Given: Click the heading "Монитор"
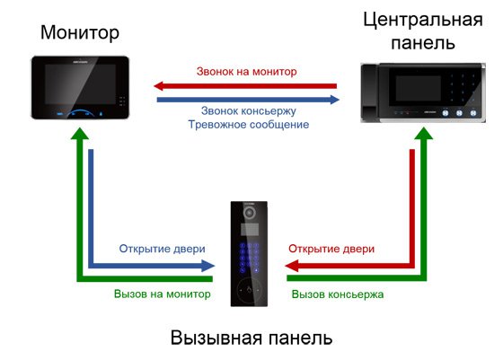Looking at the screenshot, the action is point(80,32).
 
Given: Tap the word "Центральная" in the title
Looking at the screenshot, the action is point(423,20).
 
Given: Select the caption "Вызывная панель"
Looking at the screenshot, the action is point(251,338).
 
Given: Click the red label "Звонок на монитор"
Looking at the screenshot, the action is point(246,71).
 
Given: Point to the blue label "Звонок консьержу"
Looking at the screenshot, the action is point(248,111).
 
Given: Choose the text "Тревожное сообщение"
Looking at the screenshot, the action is point(248,125).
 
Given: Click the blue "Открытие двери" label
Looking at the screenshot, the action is point(162,249).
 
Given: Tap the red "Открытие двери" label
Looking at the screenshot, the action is point(331,249).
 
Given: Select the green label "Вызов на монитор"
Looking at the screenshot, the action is point(162,294).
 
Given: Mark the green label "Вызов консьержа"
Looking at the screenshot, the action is point(338,294).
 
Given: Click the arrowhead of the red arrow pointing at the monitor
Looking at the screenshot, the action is point(159,86).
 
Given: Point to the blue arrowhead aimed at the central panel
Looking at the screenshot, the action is point(334,100).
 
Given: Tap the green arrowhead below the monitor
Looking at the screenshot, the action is point(80,134).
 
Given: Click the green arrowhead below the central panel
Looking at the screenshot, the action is point(423,134).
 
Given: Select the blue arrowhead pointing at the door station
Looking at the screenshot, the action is point(208,266).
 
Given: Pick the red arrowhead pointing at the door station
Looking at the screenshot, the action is point(292,266).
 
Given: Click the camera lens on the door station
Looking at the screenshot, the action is point(249,213).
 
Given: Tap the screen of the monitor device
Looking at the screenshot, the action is point(80,84).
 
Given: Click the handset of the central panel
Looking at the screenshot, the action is point(370,92).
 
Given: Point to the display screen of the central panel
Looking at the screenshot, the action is point(414,89).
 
